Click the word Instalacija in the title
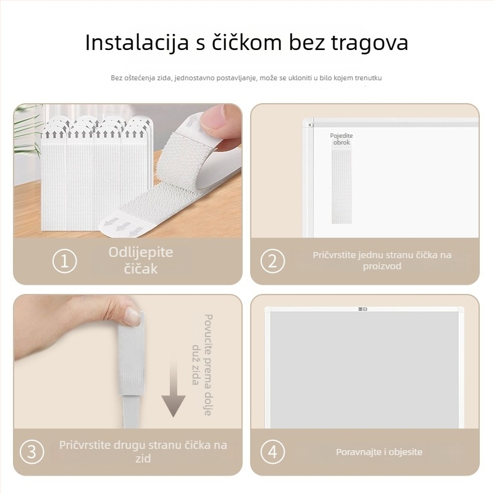[136, 42]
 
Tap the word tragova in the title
[369, 43]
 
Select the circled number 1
[65, 261]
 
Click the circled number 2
[272, 261]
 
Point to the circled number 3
[32, 452]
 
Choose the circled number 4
[272, 452]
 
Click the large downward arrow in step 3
[174, 389]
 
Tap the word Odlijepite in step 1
[141, 253]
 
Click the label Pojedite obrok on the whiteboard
[341, 139]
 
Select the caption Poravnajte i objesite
[379, 452]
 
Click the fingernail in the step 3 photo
[133, 317]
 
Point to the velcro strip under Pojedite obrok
[341, 186]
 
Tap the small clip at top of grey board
[362, 309]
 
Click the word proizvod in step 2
[382, 266]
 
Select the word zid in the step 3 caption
[143, 458]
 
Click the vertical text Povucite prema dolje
[208, 364]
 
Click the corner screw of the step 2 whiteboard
[311, 125]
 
